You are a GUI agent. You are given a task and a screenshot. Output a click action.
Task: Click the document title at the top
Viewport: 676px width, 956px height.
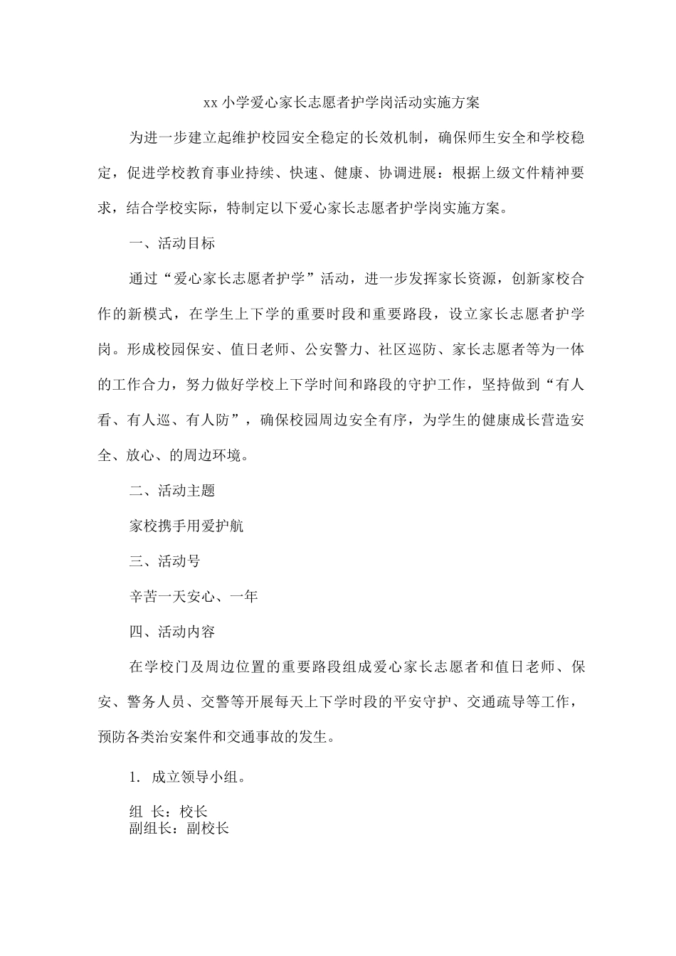point(342,103)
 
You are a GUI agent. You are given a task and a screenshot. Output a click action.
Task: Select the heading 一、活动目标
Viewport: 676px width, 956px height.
point(171,243)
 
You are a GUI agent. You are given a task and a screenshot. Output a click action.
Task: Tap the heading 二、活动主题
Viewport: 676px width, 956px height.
point(171,491)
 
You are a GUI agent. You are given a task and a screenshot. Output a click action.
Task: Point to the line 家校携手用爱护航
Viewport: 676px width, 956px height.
point(186,526)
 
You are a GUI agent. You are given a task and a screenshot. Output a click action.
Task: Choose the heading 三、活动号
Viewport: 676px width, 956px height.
point(164,561)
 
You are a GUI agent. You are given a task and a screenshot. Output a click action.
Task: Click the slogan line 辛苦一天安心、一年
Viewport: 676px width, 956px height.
point(194,596)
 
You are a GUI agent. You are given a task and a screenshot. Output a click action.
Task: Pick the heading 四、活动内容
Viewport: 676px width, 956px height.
point(171,631)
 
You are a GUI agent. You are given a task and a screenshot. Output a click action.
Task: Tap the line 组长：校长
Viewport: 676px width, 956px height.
point(168,812)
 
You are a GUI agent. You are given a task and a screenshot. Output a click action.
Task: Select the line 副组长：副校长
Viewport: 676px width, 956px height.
point(179,828)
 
